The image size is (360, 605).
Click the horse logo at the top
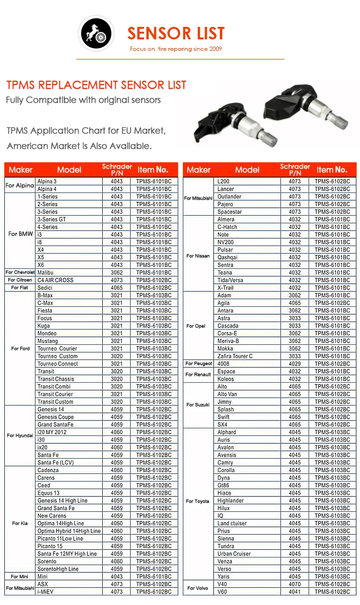click(96, 34)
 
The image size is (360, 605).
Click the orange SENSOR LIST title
click(176, 33)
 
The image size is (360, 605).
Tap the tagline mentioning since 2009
click(176, 49)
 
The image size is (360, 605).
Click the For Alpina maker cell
click(20, 185)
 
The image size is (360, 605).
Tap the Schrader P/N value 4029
click(295, 364)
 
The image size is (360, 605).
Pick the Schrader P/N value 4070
click(295, 584)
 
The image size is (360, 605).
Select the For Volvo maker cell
click(198, 588)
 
